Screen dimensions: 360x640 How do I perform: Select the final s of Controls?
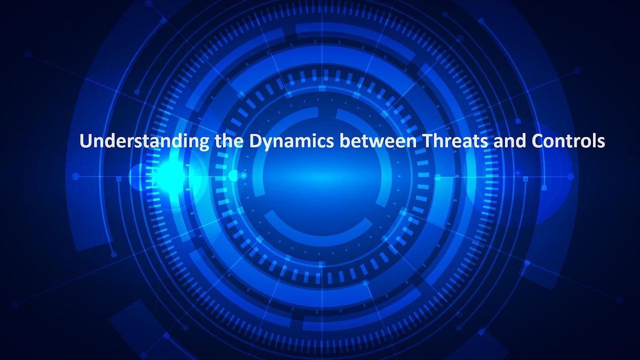pyautogui.click(x=601, y=143)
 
